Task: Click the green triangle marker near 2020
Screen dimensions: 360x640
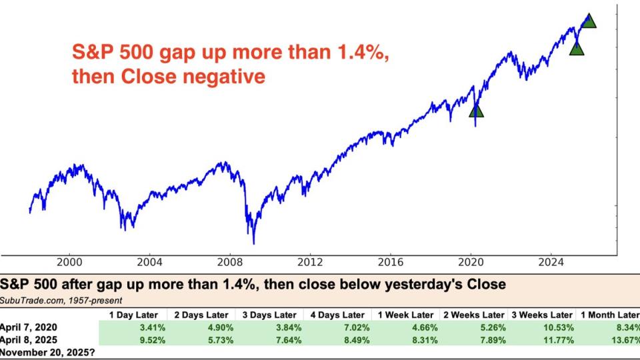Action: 475,111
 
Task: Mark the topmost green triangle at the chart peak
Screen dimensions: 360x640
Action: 589,21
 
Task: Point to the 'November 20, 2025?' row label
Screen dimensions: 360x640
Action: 47,351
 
